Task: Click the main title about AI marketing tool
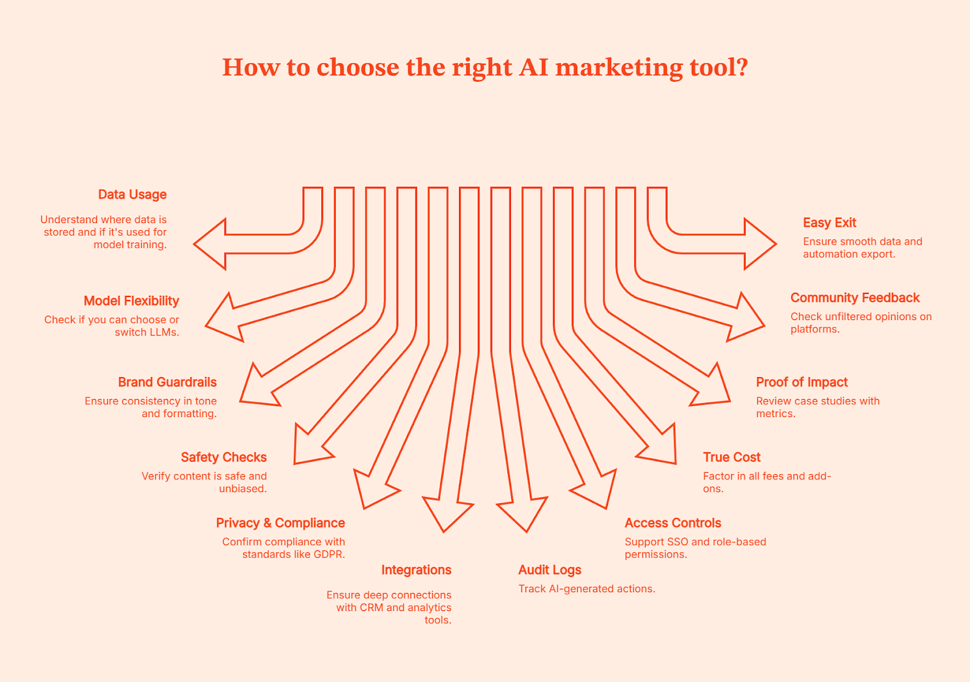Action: tap(485, 67)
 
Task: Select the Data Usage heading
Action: tap(132, 195)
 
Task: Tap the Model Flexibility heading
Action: tap(132, 301)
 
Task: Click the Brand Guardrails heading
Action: tap(167, 383)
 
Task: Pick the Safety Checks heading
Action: tap(224, 458)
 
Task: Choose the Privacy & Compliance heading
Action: tap(280, 523)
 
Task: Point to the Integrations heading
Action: tap(416, 570)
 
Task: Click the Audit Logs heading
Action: tap(550, 570)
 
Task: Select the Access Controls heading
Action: tap(673, 523)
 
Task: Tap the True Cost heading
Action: tap(732, 458)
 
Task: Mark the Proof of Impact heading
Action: tap(801, 383)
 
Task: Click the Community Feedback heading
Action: tap(855, 298)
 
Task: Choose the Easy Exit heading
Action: tap(829, 223)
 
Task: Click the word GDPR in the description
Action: tap(329, 555)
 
